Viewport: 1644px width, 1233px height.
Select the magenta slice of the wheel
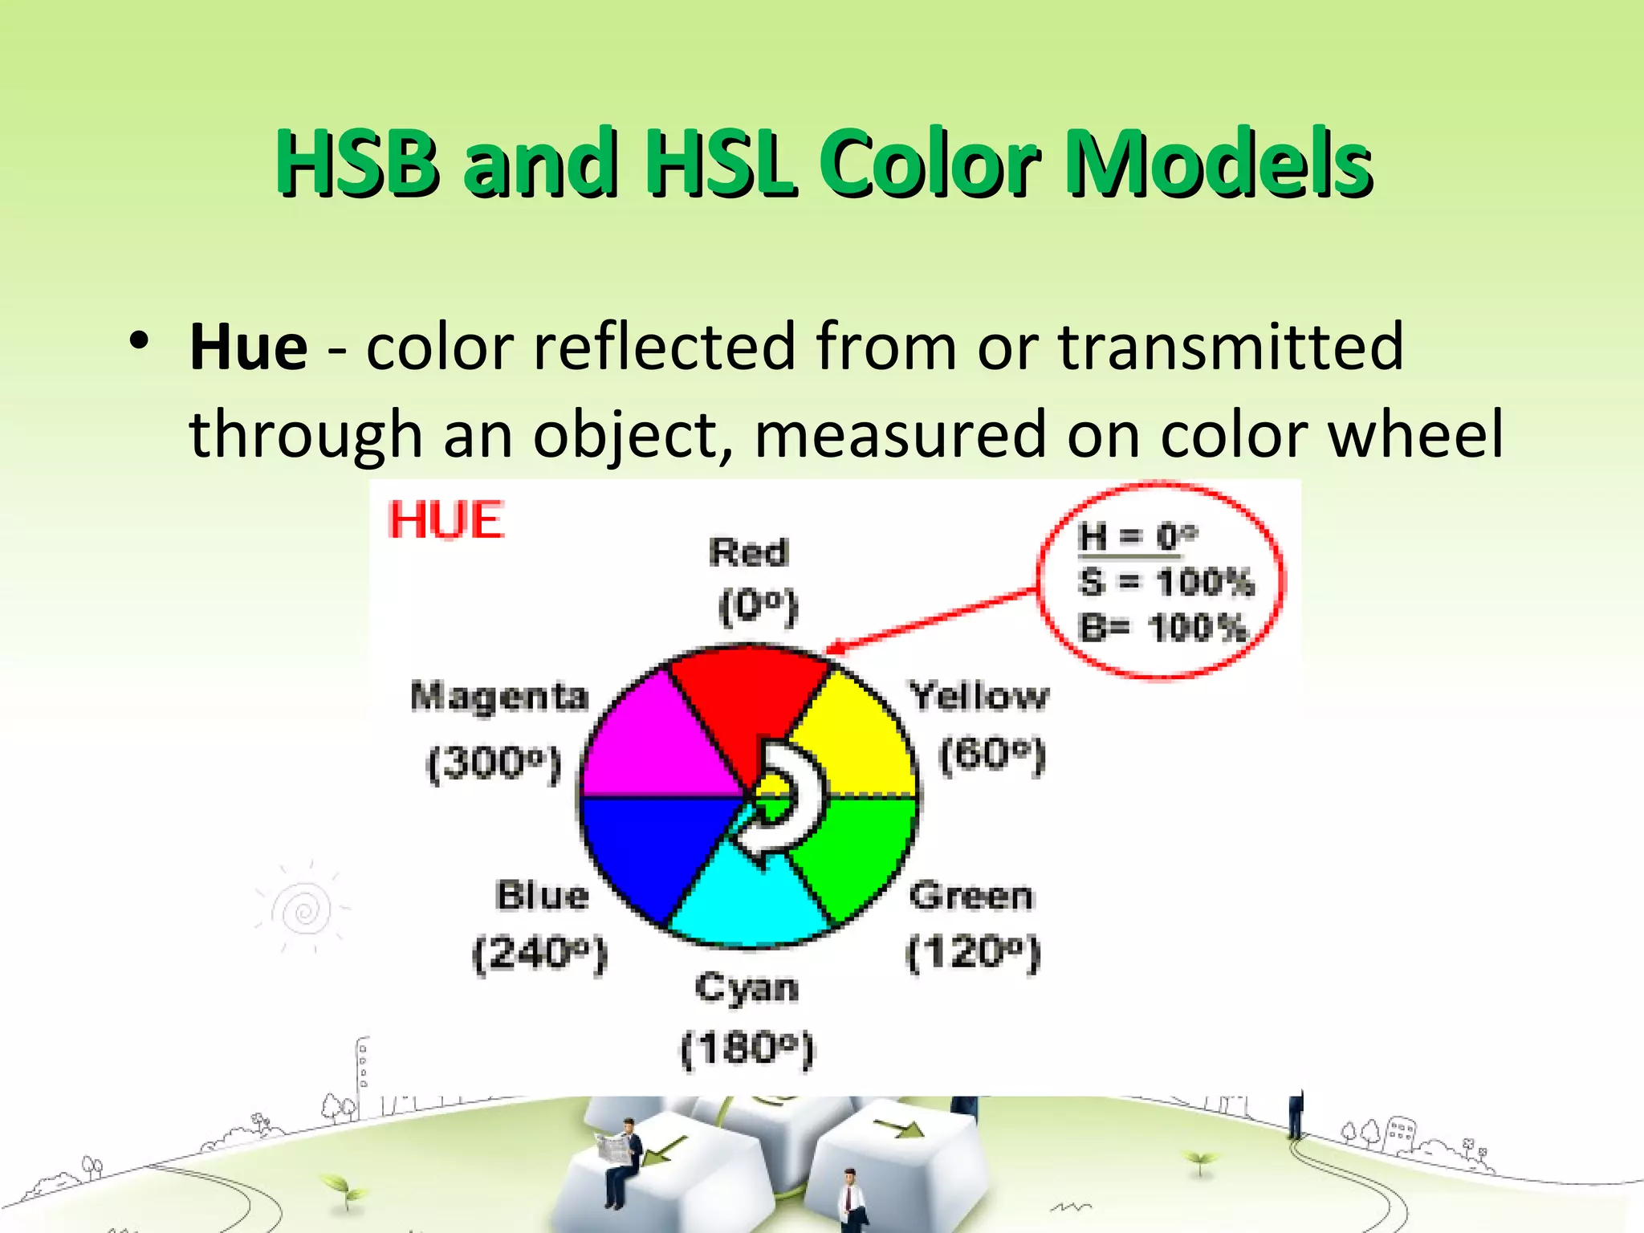658,747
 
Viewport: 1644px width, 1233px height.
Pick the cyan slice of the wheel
747,899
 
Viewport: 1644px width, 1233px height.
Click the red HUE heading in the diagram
446,520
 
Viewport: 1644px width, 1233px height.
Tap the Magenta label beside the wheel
499,696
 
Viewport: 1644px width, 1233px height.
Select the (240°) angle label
539,954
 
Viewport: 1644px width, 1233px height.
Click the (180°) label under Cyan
747,1048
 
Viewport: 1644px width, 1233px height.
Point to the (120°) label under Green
973,954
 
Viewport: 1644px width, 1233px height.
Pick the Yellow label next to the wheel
979,695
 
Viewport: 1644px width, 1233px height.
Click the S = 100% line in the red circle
1166,581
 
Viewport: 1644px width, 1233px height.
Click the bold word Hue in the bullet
248,348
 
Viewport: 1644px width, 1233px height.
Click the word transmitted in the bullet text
1231,347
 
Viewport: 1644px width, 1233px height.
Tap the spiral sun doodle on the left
302,909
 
